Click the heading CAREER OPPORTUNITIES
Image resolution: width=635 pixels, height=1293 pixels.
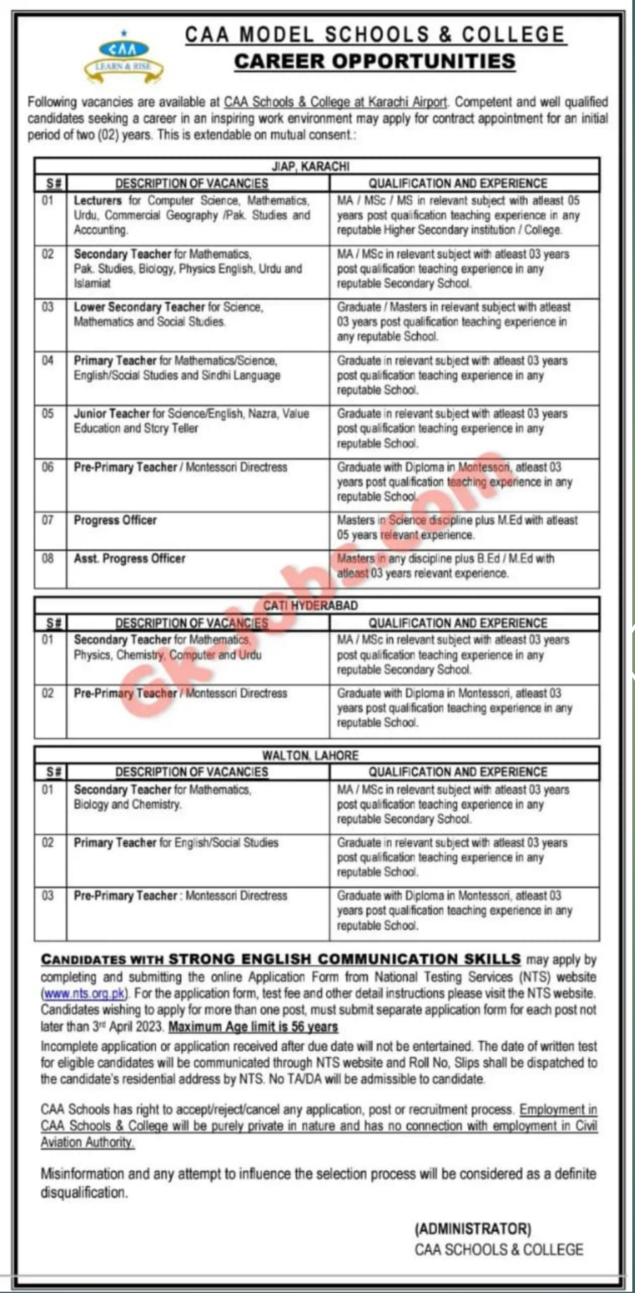pyautogui.click(x=375, y=61)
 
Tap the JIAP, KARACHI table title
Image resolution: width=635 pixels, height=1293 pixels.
pyautogui.click(x=317, y=166)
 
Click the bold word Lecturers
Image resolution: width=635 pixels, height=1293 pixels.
pyautogui.click(x=98, y=201)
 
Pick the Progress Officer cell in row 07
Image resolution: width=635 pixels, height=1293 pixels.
pyautogui.click(x=115, y=520)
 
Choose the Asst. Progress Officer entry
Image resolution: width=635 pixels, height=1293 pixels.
pyautogui.click(x=130, y=559)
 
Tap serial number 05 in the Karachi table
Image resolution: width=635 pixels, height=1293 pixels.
pyautogui.click(x=48, y=414)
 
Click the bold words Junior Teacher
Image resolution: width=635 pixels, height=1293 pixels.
pyautogui.click(x=111, y=414)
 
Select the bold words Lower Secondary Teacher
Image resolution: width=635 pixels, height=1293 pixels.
pyautogui.click(x=139, y=307)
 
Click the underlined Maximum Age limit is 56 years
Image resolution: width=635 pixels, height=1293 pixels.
pyautogui.click(x=253, y=1027)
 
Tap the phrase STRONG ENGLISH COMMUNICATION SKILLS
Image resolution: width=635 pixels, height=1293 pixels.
pyautogui.click(x=344, y=959)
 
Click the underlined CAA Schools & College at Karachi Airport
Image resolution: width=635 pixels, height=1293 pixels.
pyautogui.click(x=335, y=102)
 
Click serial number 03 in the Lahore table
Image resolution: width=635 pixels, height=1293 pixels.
pyautogui.click(x=48, y=895)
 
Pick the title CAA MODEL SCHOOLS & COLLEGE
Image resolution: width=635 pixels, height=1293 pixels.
pyautogui.click(x=375, y=34)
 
